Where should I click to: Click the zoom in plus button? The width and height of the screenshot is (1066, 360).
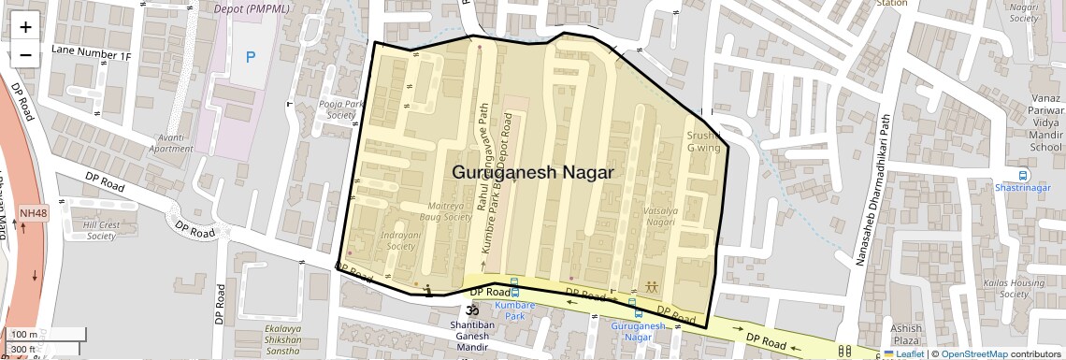point(25,27)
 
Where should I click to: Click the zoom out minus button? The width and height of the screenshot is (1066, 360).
point(25,54)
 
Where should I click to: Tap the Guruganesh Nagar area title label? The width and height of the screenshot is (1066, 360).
point(532,173)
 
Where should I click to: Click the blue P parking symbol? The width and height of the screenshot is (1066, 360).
point(250,57)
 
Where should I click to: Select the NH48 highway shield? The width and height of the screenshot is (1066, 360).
point(32,213)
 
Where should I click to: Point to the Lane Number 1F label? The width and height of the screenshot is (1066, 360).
point(92,55)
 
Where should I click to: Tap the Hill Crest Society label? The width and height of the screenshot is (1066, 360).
point(100,231)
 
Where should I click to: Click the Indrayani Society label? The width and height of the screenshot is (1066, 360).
point(399,241)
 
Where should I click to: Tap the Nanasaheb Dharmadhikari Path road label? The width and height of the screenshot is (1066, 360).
point(869,191)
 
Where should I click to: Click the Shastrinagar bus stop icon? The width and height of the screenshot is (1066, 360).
point(1024,174)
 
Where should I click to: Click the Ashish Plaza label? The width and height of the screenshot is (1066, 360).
point(905,334)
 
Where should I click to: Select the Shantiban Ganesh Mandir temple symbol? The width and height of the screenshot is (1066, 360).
point(472,310)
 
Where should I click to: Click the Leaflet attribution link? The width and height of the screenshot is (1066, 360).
point(903,354)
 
